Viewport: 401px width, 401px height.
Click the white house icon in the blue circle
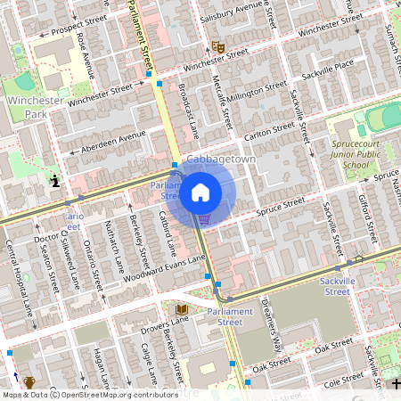pos(200,192)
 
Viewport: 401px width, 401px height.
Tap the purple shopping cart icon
pos(204,218)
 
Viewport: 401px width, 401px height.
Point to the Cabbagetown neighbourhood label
pos(220,158)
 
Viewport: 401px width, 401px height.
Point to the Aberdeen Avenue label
pos(113,142)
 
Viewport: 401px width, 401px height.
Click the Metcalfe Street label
pos(225,107)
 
